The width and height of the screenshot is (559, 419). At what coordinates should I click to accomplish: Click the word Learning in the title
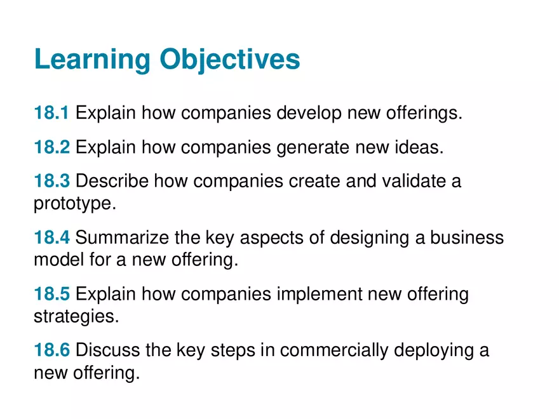(93, 60)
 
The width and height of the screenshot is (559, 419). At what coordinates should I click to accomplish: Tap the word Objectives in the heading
(229, 60)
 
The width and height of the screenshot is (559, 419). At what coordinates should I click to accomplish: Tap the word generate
(314, 148)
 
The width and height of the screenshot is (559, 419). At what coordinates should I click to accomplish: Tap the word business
(467, 237)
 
